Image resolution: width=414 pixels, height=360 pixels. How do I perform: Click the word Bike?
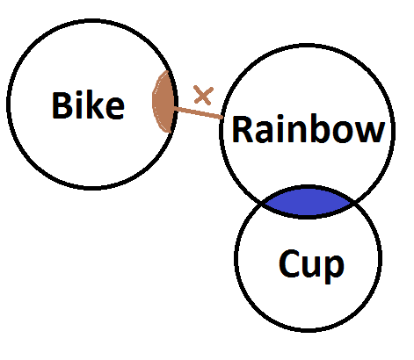click(x=88, y=105)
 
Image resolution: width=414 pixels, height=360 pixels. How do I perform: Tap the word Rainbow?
click(x=309, y=129)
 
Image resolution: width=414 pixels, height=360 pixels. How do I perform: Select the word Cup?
click(x=311, y=265)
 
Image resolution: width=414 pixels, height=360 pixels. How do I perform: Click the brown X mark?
click(x=203, y=95)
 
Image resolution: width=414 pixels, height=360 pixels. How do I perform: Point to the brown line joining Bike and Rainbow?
click(x=198, y=113)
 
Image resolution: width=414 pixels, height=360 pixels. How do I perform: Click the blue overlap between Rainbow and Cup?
click(x=308, y=202)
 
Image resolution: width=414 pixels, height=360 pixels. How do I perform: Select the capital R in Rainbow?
click(x=242, y=129)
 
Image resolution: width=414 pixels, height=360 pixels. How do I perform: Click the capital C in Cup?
click(x=288, y=263)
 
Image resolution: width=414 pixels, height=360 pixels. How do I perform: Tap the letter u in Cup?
click(x=311, y=266)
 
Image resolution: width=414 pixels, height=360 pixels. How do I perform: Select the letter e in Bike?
click(x=115, y=109)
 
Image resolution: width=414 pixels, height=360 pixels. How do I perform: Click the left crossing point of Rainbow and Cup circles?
click(x=263, y=203)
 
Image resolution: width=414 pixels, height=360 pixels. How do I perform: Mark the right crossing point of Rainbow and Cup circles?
click(x=354, y=202)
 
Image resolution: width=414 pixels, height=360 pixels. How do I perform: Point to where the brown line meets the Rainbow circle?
click(x=222, y=118)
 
